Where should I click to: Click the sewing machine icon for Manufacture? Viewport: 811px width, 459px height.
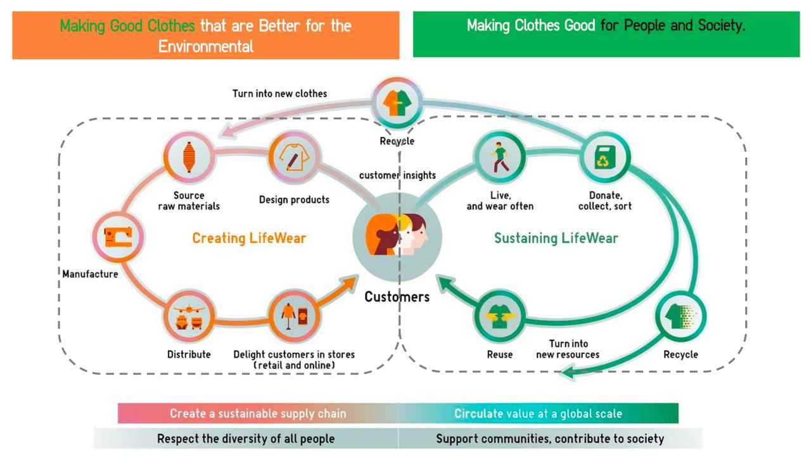(118, 237)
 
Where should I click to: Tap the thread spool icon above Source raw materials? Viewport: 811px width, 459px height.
(189, 155)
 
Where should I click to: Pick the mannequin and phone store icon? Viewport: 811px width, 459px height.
(294, 315)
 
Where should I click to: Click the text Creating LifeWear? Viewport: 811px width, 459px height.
(249, 239)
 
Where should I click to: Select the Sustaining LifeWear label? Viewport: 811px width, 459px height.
(556, 239)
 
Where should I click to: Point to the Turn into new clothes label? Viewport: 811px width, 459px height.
(279, 94)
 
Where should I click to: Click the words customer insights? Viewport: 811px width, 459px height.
(397, 175)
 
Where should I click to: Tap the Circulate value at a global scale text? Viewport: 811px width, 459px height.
(538, 414)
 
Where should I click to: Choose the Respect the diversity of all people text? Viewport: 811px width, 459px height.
(246, 439)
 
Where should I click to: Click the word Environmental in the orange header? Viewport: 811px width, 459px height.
(206, 46)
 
